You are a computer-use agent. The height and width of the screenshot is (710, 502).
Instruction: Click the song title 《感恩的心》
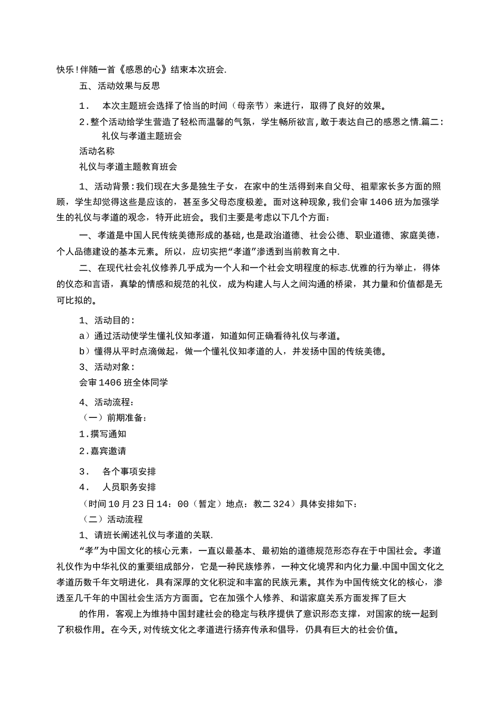click(x=143, y=70)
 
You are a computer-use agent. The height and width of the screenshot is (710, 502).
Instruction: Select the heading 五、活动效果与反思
click(x=119, y=86)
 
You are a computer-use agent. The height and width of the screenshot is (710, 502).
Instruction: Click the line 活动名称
click(x=97, y=151)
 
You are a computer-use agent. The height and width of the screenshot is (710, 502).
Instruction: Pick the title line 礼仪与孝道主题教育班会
click(x=128, y=167)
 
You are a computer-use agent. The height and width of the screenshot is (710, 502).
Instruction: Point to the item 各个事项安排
click(x=129, y=472)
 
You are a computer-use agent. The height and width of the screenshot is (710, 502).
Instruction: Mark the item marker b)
click(x=85, y=351)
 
